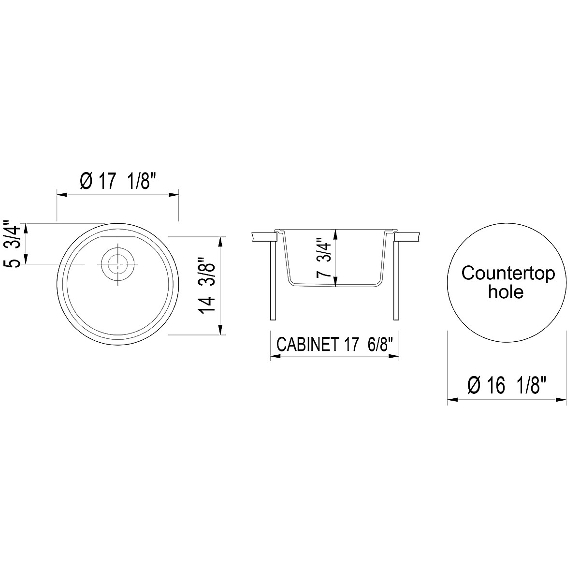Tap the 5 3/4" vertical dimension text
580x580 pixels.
pyautogui.click(x=13, y=244)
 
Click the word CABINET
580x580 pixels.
pyautogui.click(x=306, y=345)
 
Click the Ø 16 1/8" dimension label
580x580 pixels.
pyautogui.click(x=507, y=386)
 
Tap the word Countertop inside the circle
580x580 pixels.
pyautogui.click(x=508, y=273)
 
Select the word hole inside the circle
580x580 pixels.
pyautogui.click(x=506, y=292)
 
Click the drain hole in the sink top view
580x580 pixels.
pyautogui.click(x=117, y=264)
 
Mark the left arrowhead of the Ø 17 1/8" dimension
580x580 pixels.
pyautogui.click(x=61, y=195)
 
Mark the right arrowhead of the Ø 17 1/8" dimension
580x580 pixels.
pyautogui.click(x=176, y=195)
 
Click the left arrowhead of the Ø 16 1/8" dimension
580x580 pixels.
pyautogui.click(x=451, y=400)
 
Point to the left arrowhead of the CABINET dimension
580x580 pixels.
pyautogui.click(x=274, y=357)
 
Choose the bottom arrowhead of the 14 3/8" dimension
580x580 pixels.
pyautogui.click(x=221, y=331)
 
